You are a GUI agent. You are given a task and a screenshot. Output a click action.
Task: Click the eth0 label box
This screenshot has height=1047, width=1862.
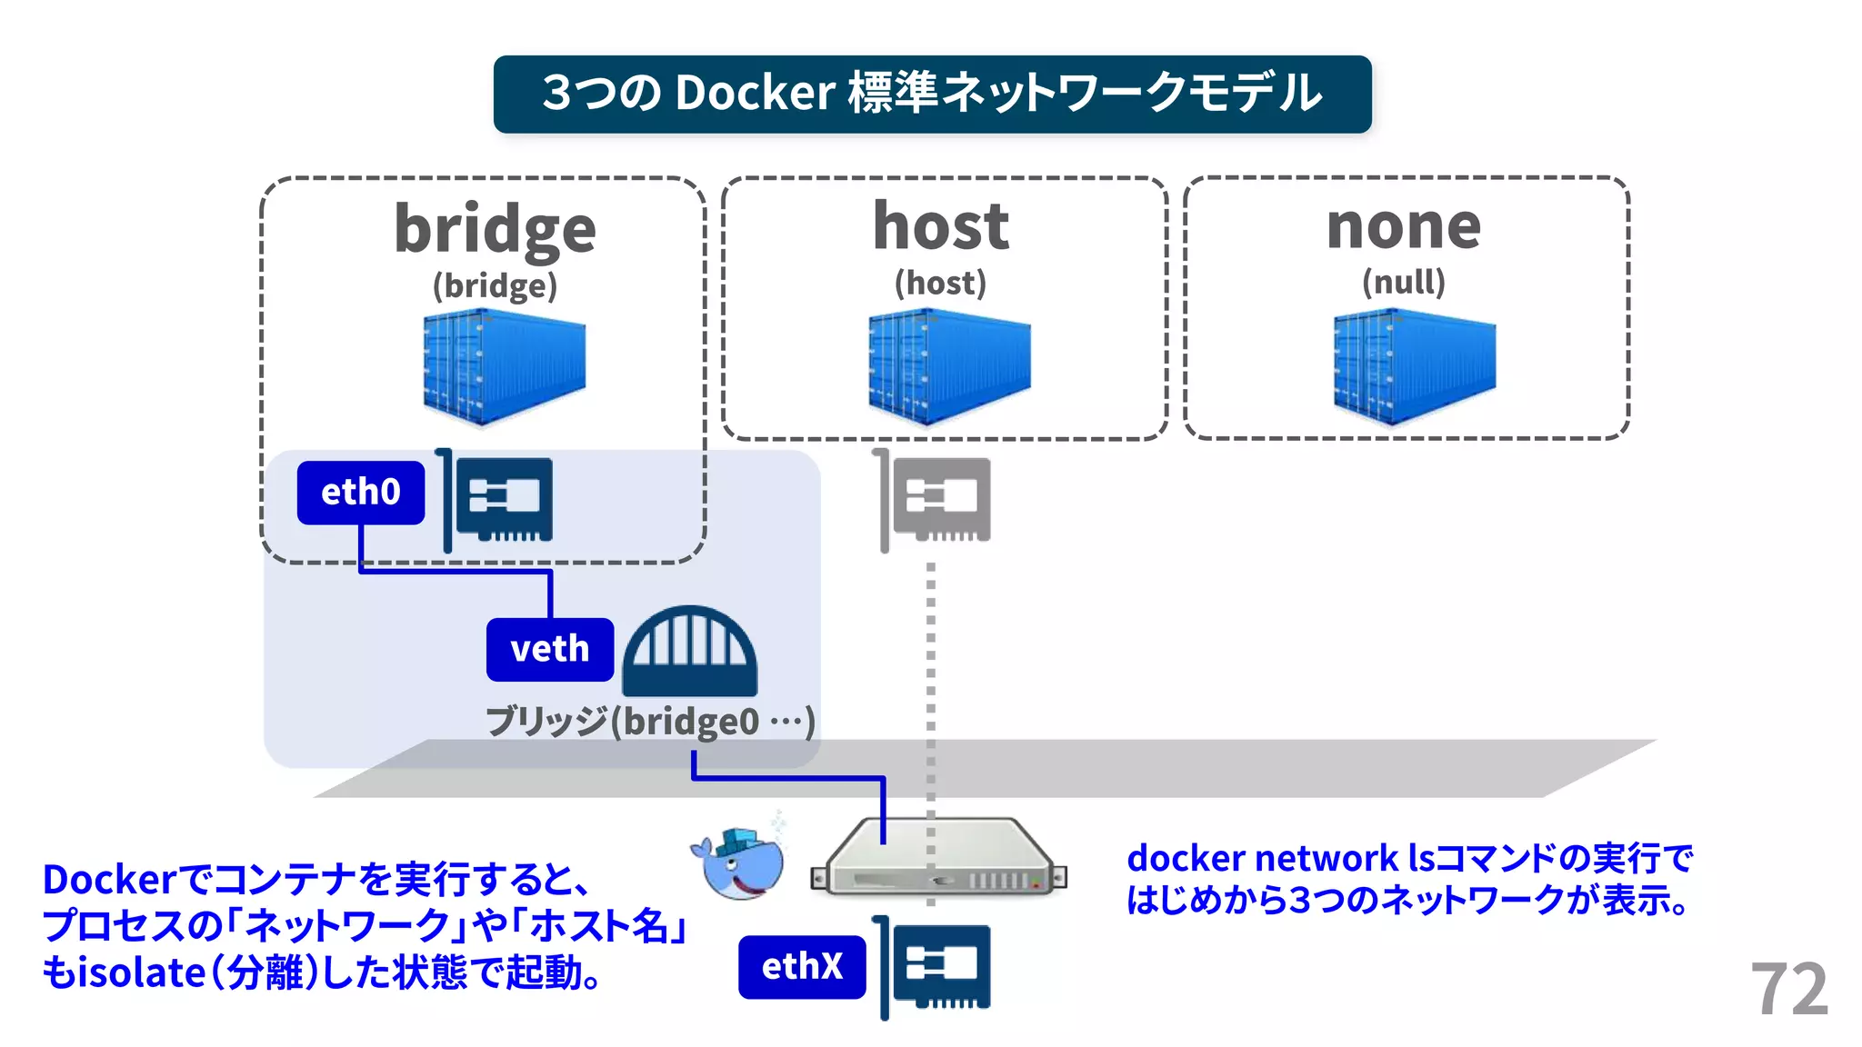[360, 492]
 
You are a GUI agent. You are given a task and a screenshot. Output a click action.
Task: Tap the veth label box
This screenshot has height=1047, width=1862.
[549, 649]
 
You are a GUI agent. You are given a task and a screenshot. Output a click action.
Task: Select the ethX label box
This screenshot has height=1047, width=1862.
[801, 966]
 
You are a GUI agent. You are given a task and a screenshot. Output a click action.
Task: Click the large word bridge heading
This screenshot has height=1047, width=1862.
[495, 228]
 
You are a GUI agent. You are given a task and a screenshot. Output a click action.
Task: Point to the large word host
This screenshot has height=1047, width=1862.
[941, 226]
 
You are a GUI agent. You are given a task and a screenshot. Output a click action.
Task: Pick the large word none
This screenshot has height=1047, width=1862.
[1404, 226]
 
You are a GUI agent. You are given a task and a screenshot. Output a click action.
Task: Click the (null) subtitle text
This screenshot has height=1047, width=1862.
[1404, 282]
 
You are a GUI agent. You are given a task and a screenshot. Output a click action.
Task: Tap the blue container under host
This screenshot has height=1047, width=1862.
[948, 366]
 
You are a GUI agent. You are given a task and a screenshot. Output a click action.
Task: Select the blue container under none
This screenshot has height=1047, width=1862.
[1413, 366]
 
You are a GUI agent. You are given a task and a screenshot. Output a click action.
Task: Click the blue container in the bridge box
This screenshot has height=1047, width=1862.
[504, 366]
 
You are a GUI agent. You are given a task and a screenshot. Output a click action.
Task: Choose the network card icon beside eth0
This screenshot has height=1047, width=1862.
[500, 500]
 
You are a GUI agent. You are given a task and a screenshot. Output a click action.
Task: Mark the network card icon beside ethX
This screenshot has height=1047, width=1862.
[936, 966]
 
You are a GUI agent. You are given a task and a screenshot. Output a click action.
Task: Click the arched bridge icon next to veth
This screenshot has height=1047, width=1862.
[690, 651]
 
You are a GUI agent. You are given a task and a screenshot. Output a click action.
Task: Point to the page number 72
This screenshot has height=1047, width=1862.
[1788, 989]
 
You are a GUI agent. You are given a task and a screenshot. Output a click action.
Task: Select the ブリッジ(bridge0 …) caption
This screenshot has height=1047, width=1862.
[649, 722]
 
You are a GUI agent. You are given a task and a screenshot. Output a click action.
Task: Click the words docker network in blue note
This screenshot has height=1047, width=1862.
[1262, 858]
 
